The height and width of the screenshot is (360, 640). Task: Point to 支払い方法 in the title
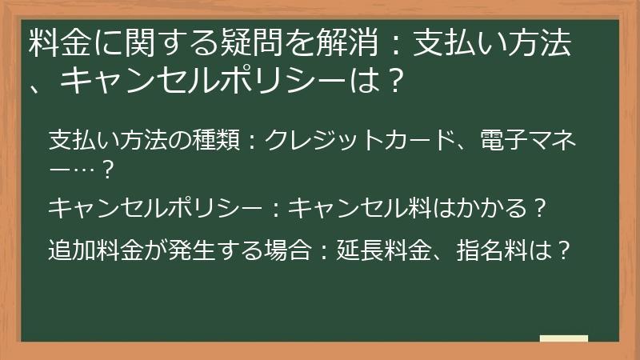pyautogui.click(x=494, y=43)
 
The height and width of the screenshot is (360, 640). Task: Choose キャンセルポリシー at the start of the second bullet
pyautogui.click(x=153, y=210)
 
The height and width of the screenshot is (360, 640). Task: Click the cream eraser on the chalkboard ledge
pyautogui.click(x=563, y=338)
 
